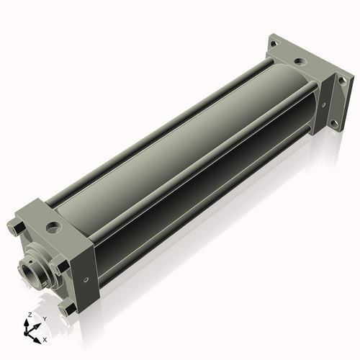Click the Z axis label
pos(29,315)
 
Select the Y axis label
pos(44,318)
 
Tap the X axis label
pos(45,338)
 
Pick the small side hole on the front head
pos(86,279)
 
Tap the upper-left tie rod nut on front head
pos(17,230)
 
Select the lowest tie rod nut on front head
pos(70,310)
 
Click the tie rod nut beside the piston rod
pos(63,266)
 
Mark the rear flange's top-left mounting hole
pos(274,44)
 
